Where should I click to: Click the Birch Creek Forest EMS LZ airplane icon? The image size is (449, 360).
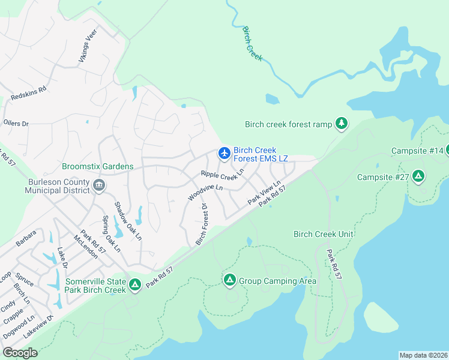pos(224,154)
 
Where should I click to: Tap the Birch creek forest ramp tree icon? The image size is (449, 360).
pos(342,124)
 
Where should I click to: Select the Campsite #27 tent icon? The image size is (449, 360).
pos(418,177)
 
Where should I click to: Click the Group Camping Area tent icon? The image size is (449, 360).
pos(229,280)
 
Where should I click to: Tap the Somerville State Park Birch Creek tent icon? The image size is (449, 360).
pos(135,284)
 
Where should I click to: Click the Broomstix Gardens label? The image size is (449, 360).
pos(97,166)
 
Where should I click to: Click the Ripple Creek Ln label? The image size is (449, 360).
pos(223,175)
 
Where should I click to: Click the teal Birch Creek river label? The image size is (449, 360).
pos(253,42)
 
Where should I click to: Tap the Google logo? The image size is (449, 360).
pos(20,353)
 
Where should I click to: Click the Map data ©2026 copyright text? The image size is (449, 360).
pos(423,355)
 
